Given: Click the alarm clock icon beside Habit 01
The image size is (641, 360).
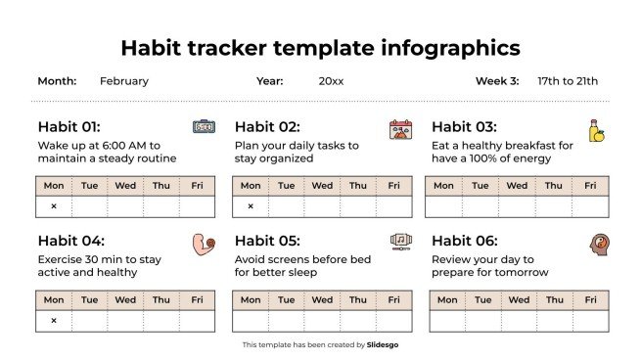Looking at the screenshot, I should pyautogui.click(x=203, y=127).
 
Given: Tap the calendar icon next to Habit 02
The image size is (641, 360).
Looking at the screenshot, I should pyautogui.click(x=400, y=129).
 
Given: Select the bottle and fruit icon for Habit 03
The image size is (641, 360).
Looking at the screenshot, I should pyautogui.click(x=595, y=131).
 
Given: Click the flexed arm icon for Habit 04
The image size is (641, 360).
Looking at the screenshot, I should pyautogui.click(x=203, y=244).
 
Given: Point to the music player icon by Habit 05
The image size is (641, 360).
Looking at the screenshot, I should pyautogui.click(x=400, y=241).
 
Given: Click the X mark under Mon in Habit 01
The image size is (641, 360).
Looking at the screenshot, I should pyautogui.click(x=54, y=206).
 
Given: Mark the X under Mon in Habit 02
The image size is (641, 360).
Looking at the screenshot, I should pyautogui.click(x=251, y=206).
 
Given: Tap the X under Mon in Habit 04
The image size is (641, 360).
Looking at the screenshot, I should pyautogui.click(x=54, y=321).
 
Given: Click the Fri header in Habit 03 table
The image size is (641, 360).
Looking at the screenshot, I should pyautogui.click(x=590, y=186).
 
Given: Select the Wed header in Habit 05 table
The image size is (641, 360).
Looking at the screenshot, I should pyautogui.click(x=322, y=300).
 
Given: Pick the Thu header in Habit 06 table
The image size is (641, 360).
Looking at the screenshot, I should pyautogui.click(x=554, y=300).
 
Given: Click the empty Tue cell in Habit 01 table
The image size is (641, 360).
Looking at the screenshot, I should pyautogui.click(x=89, y=206).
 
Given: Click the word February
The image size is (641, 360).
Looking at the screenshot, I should pyautogui.click(x=124, y=81).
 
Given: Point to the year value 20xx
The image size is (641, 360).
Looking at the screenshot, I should pyautogui.click(x=331, y=81).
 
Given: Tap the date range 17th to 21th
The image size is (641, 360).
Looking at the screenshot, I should pyautogui.click(x=568, y=81).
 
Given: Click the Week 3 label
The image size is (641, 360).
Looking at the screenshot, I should pyautogui.click(x=498, y=81).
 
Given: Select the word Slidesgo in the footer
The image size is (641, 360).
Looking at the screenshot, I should pyautogui.click(x=383, y=344).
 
